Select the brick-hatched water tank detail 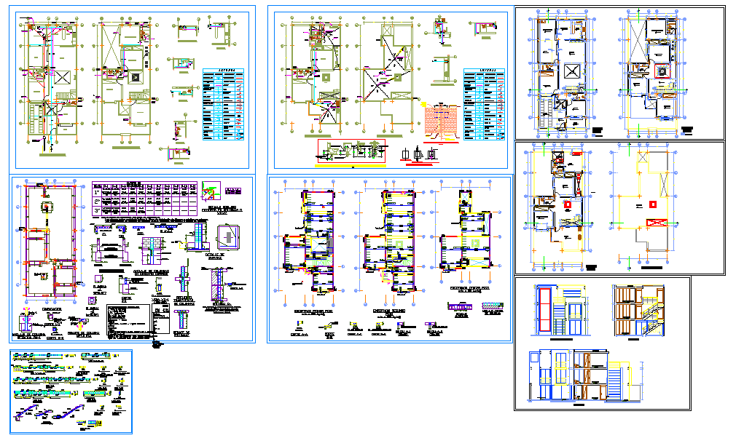444,121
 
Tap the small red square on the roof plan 653,204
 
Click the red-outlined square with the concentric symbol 662,71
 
